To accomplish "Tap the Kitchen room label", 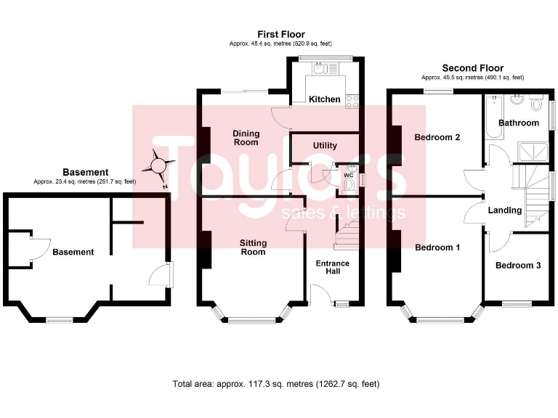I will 324,99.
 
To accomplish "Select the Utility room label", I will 325,145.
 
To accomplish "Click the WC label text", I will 347,175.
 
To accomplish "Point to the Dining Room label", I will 246,138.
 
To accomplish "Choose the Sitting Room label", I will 252,247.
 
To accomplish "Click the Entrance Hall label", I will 331,267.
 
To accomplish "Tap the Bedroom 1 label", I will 437,247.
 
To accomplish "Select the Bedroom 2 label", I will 437,137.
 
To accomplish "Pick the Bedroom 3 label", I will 517,266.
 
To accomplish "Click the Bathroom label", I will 518,123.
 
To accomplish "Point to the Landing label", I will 505,210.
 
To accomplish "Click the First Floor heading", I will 280,34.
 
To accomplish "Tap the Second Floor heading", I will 472,67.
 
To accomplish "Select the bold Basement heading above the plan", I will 85,173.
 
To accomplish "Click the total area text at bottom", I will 275,384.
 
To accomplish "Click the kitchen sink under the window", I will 320,70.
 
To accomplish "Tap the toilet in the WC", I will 349,185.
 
